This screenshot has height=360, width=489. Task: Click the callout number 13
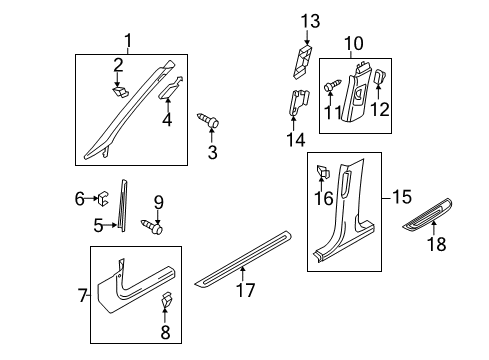point(310,21)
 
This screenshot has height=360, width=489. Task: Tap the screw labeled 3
point(208,120)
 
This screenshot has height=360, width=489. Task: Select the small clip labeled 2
point(120,92)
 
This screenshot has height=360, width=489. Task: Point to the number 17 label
point(245,289)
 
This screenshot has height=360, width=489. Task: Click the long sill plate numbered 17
point(243,258)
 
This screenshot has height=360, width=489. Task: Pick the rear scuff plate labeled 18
point(427,214)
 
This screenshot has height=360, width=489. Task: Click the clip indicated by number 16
point(323,172)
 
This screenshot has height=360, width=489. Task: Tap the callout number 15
point(402,197)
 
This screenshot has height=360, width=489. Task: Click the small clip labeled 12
point(380,77)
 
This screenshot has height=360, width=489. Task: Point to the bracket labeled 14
point(298,102)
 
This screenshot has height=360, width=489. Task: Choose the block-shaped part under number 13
point(302,61)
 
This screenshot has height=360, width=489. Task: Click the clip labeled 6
point(103,198)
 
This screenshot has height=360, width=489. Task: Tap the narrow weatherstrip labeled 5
point(123,205)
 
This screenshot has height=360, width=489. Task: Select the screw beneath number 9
point(152,227)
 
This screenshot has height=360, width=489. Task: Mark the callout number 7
point(83,295)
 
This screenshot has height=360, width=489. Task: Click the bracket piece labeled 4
point(170,88)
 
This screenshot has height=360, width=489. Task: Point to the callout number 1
point(128,41)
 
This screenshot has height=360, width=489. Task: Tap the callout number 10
point(353,44)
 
